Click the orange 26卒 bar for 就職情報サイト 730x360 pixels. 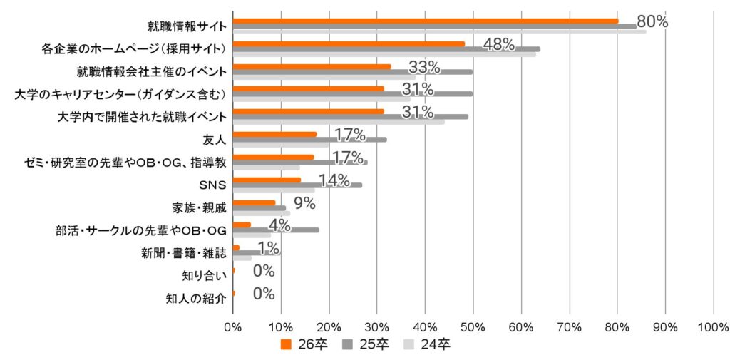point(425,21)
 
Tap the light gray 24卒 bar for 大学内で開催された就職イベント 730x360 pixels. point(339,122)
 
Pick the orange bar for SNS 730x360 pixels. point(267,180)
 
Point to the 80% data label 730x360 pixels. point(652,21)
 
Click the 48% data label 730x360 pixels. point(498,44)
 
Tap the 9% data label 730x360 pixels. point(304,203)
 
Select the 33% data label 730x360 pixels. point(424,67)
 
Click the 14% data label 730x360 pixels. point(334,180)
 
